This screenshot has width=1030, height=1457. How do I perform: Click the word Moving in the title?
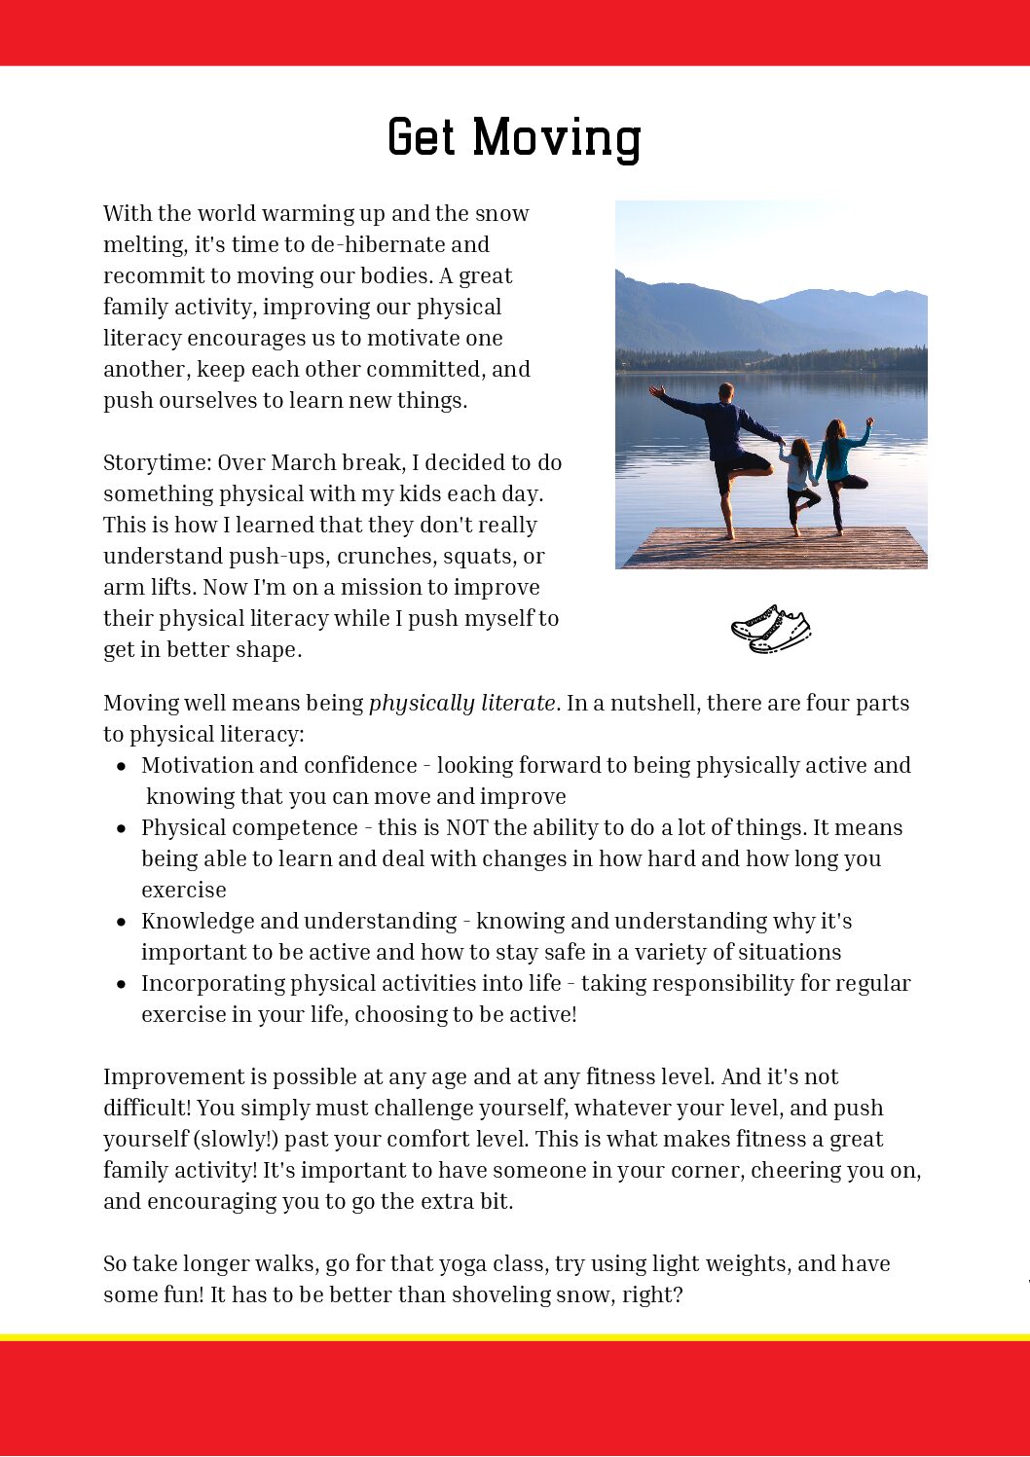coord(557,138)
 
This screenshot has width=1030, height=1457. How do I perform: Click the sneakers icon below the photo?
coord(771,629)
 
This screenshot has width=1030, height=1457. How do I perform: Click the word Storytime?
coord(154,462)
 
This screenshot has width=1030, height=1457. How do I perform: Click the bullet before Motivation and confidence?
coord(121,766)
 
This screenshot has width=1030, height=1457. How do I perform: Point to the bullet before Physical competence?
coord(121,828)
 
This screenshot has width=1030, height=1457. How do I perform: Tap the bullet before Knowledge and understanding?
coord(121,922)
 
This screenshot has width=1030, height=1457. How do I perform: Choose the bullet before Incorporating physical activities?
coord(121,984)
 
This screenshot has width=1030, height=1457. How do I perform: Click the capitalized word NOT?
coord(466,828)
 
